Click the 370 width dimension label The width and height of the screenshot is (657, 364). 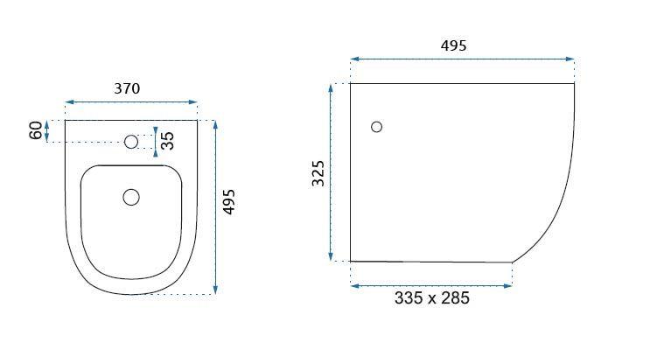[127, 88]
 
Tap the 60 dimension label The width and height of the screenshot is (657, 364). [36, 130]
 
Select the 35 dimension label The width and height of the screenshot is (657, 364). [167, 141]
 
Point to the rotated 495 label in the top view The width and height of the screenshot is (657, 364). [229, 202]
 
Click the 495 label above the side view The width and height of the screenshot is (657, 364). [453, 45]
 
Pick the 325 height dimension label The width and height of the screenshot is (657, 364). [318, 173]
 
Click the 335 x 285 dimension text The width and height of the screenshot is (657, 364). [432, 298]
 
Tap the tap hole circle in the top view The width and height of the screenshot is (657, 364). [131, 142]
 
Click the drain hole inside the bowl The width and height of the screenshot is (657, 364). [131, 197]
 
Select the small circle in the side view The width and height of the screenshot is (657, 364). [377, 127]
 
